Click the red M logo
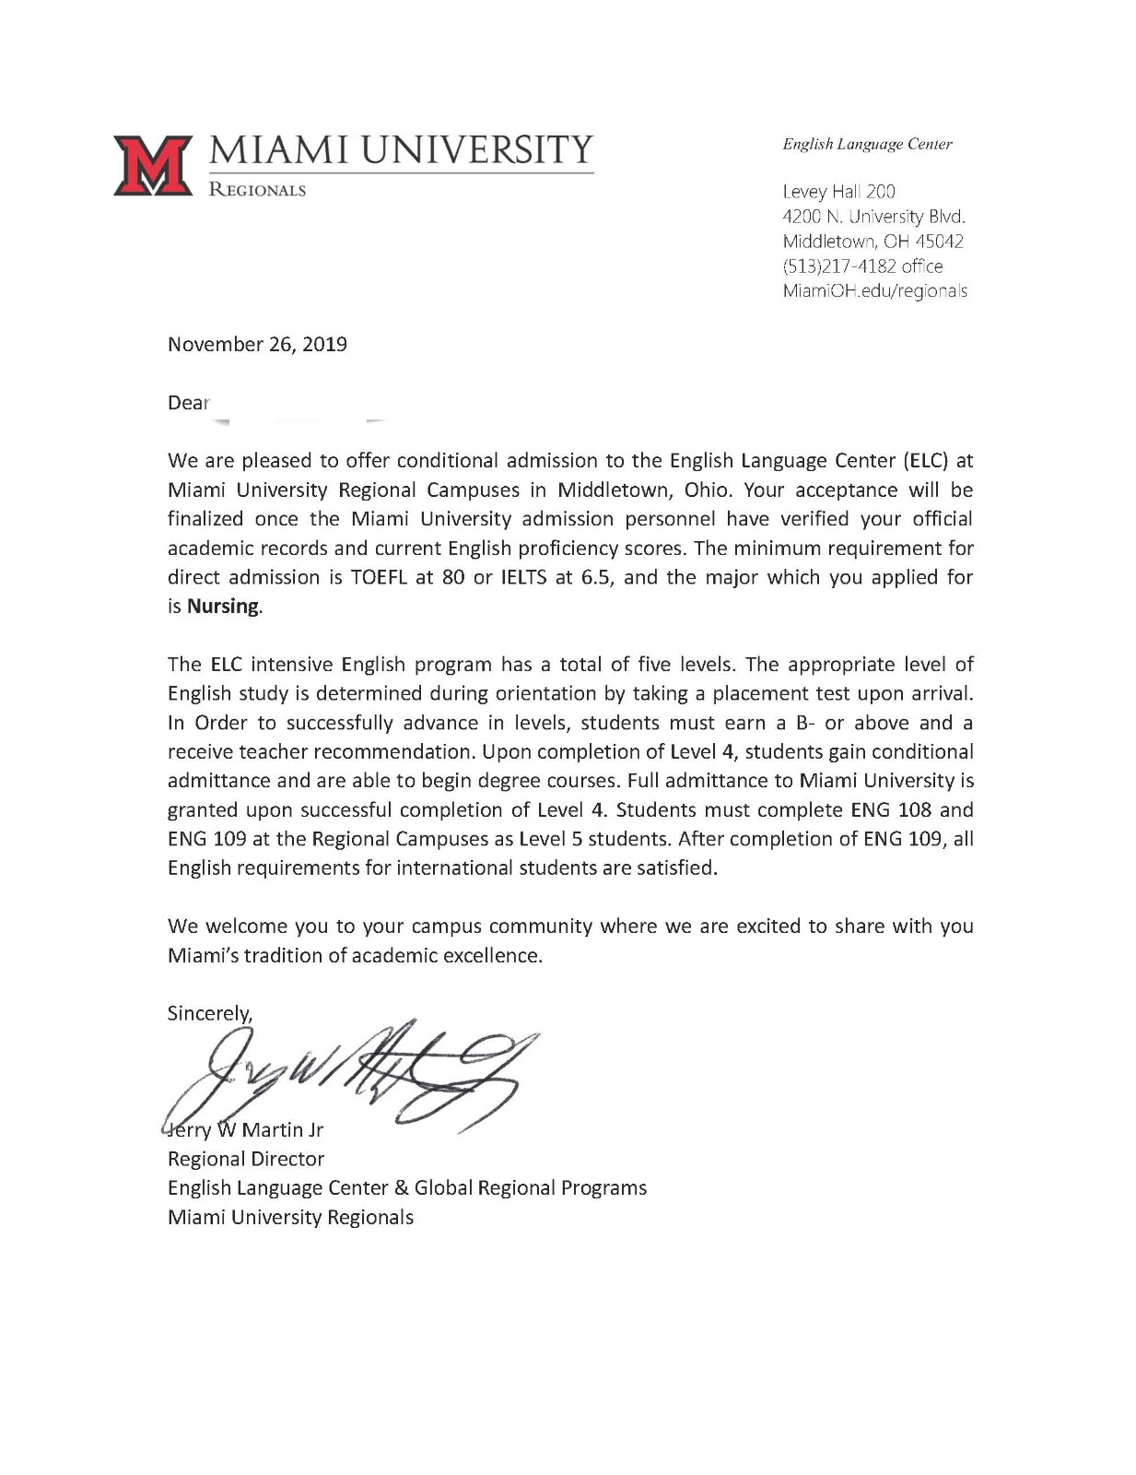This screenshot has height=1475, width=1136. tap(152, 165)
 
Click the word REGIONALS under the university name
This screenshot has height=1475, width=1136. tap(257, 190)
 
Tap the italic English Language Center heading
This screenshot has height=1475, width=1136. tap(866, 144)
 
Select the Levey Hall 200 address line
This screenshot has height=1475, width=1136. tap(837, 192)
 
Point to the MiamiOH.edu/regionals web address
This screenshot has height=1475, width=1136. tap(873, 291)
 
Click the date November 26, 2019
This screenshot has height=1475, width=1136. tap(257, 345)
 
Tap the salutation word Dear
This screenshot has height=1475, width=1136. tap(188, 403)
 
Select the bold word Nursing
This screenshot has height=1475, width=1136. tap(223, 607)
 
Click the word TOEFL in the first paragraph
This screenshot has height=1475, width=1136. tap(382, 577)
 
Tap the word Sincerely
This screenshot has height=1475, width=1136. tap(209, 1014)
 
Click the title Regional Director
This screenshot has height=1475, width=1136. tap(245, 1159)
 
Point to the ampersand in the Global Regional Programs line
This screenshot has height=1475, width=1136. tap(402, 1188)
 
